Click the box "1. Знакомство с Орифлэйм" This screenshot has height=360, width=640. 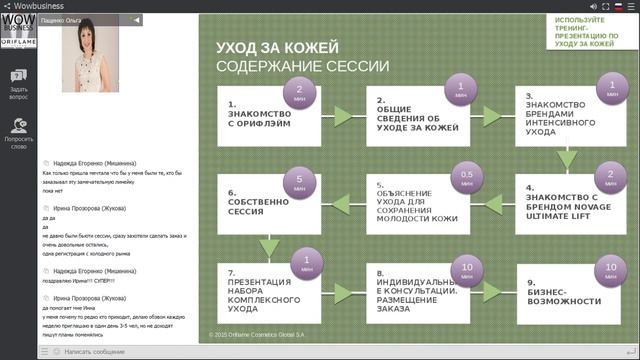[x=269, y=116]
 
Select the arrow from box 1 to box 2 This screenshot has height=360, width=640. [x=344, y=117]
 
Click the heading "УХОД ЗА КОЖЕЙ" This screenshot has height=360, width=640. [x=277, y=48]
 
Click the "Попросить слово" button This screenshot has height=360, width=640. [x=18, y=133]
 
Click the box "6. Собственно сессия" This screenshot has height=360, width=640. [x=262, y=206]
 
